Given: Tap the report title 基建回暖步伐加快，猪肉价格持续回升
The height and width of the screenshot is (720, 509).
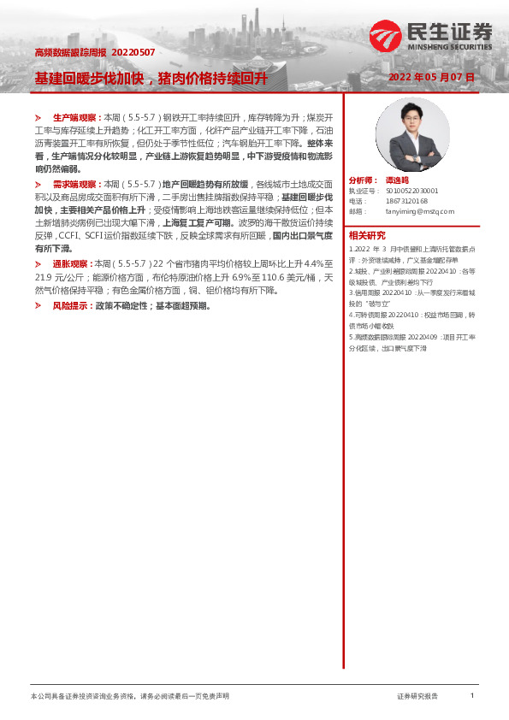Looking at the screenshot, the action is coord(151,78).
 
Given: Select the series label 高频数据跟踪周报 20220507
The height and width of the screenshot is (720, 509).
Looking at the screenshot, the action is coord(94,52).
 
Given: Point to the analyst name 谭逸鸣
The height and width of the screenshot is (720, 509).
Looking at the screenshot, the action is coord(397,180).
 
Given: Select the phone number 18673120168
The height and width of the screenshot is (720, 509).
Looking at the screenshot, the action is coord(405,201).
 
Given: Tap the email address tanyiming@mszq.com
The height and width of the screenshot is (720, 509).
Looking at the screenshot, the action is coord(420,211).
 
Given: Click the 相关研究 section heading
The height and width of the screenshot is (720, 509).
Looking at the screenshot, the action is coord(367,235).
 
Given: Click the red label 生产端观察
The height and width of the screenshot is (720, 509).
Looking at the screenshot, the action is coord(75,116).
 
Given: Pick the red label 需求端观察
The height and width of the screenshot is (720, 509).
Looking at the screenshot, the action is coord(75,184).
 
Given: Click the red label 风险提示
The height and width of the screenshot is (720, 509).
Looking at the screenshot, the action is coord(72,305).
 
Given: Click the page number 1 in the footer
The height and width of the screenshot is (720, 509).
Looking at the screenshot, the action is coord(472,696).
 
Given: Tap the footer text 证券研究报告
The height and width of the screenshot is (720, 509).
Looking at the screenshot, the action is coord(417,696).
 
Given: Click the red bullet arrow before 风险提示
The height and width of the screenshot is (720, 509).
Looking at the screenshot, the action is coord(38,305).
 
